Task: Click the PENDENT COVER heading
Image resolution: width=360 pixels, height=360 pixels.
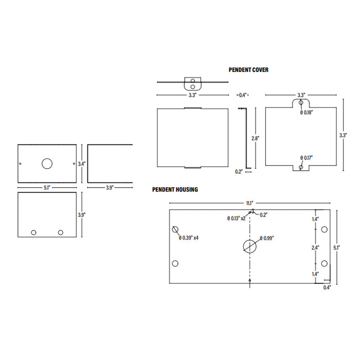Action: pyautogui.click(x=248, y=70)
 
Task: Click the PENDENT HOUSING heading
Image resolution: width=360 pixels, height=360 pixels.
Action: pyautogui.click(x=175, y=190)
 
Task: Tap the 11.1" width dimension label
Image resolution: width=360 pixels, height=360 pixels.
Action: pyautogui.click(x=249, y=203)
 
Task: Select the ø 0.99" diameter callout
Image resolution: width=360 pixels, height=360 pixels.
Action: pyautogui.click(x=267, y=238)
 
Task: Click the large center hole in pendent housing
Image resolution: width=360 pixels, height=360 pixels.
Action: pyautogui.click(x=249, y=246)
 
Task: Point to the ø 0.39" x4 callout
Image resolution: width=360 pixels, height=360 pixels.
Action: pyautogui.click(x=189, y=238)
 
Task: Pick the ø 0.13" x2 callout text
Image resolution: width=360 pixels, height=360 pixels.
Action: pyautogui.click(x=236, y=219)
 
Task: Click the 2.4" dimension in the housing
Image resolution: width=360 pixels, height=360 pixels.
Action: pyautogui.click(x=315, y=248)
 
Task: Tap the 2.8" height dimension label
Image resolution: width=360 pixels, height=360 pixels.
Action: pyautogui.click(x=255, y=138)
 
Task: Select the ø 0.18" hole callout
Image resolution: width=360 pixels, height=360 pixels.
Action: pyautogui.click(x=307, y=112)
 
